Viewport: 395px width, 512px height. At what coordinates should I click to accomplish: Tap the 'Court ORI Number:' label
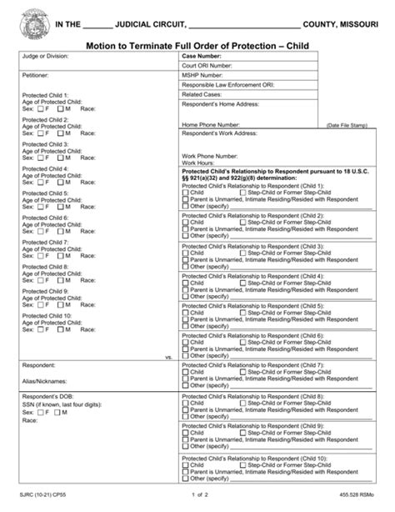click(x=207, y=65)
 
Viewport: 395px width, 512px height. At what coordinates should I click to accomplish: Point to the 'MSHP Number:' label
click(x=202, y=75)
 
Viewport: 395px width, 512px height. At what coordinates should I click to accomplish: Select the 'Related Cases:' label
click(x=202, y=95)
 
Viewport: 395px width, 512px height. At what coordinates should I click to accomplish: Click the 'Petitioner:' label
click(x=36, y=74)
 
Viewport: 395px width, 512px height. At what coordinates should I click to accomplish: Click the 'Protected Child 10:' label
click(x=47, y=316)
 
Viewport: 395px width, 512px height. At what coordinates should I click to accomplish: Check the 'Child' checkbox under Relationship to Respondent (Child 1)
click(x=185, y=193)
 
